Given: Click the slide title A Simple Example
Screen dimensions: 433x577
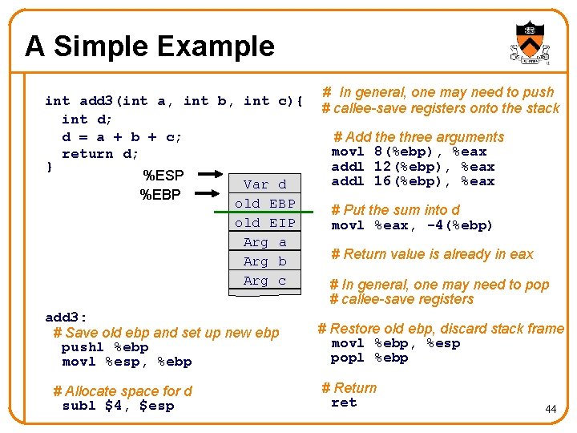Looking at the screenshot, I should pos(150,47).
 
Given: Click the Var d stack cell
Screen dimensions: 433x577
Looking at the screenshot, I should pos(264,184).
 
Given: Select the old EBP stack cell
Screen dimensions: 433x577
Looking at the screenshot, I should pos(264,204).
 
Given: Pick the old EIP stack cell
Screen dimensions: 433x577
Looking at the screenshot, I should pos(264,223).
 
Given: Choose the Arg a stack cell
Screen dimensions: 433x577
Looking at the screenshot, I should pos(264,242).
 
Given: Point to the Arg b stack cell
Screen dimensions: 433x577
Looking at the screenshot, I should pos(264,261).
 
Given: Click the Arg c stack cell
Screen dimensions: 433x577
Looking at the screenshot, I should pos(264,281).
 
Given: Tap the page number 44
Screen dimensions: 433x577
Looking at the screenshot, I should pos(551,409).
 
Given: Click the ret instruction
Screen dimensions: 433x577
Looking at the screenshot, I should pos(344,403).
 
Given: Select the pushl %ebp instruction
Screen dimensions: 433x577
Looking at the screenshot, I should pos(105,347).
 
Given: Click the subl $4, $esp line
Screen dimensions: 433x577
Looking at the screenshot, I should pos(118,406).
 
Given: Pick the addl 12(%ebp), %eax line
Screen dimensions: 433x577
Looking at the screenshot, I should pos(413,167).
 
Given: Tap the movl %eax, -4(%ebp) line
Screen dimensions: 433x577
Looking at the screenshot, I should pos(412,225).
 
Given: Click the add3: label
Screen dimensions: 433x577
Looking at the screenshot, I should pos(67,317).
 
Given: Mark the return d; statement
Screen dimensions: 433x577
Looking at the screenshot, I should pos(100,154).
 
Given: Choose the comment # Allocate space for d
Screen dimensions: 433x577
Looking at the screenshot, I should pos(123,391).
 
